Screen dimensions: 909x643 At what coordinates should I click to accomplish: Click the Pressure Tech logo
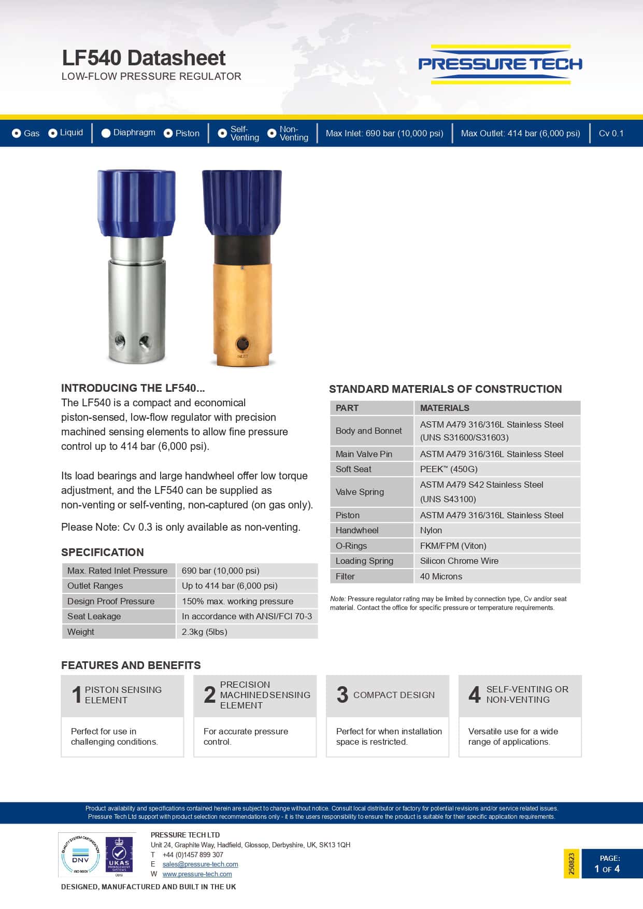pyautogui.click(x=500, y=64)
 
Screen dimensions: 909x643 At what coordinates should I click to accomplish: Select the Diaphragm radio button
pyautogui.click(x=106, y=133)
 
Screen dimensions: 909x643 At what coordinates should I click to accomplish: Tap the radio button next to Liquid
pyautogui.click(x=53, y=133)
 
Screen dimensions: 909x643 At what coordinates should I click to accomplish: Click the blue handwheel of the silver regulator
pyautogui.click(x=136, y=202)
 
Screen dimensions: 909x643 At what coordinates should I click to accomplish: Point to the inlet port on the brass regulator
pyautogui.click(x=242, y=344)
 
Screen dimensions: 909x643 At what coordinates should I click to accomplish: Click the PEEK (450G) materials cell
pyautogui.click(x=449, y=469)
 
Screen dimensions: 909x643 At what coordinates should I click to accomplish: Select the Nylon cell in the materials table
pyautogui.click(x=431, y=530)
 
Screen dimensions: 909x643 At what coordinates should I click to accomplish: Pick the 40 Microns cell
pyautogui.click(x=441, y=576)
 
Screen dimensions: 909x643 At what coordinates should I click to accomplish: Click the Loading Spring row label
pyautogui.click(x=364, y=561)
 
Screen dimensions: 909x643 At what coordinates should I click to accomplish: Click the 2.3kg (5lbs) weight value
pyautogui.click(x=205, y=632)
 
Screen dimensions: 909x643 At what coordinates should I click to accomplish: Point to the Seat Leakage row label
pyautogui.click(x=94, y=616)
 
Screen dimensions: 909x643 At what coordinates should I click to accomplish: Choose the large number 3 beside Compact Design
pyautogui.click(x=342, y=694)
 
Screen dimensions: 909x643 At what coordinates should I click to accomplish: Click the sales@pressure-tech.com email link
pyautogui.click(x=200, y=864)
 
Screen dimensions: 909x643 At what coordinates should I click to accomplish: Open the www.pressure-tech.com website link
pyautogui.click(x=197, y=874)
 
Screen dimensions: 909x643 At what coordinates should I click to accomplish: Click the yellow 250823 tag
pyautogui.click(x=571, y=863)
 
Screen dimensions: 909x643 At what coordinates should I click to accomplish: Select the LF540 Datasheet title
pyautogui.click(x=144, y=58)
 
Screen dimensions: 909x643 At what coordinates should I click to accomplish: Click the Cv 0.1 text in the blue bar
pyautogui.click(x=611, y=133)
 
